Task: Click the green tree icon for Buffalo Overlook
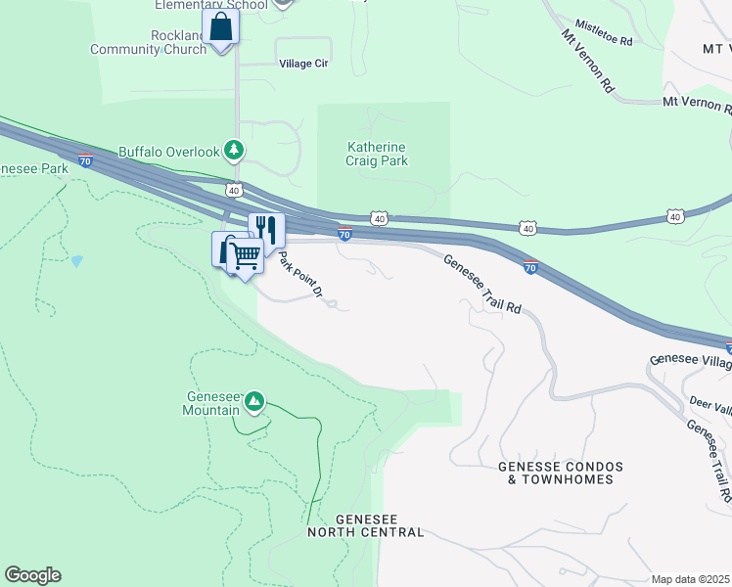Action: click(233, 151)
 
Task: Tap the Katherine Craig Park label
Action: click(377, 154)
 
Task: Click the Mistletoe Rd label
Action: click(604, 32)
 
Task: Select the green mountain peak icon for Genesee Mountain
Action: click(254, 400)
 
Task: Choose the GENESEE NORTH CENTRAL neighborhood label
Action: click(366, 525)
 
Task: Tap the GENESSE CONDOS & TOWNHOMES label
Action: click(555, 473)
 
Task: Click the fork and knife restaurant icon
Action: click(266, 230)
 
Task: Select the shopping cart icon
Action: click(246, 256)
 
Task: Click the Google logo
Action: click(32, 575)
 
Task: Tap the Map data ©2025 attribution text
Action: click(690, 579)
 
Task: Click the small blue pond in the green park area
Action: click(76, 261)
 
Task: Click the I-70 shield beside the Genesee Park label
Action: click(86, 161)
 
